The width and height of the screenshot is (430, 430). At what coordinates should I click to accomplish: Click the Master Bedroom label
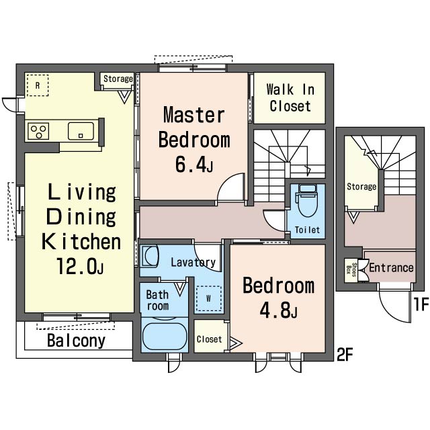click(194, 127)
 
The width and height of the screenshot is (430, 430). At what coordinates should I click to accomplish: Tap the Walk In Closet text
click(290, 97)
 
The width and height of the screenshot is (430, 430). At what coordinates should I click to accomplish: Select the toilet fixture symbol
click(308, 200)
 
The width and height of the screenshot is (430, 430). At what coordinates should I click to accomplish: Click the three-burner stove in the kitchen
click(38, 131)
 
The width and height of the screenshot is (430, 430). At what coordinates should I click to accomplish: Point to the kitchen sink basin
click(81, 131)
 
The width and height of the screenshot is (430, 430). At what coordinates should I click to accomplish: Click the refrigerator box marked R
click(38, 85)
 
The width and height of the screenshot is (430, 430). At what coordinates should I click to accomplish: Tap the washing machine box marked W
click(208, 298)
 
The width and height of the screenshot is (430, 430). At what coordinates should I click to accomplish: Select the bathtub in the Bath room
click(165, 336)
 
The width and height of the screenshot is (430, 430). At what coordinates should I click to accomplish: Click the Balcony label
click(76, 341)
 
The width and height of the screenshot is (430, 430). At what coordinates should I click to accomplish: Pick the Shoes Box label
click(351, 270)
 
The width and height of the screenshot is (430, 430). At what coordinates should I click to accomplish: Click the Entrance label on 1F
click(391, 267)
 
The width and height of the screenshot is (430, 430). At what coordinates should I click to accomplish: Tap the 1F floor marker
click(421, 304)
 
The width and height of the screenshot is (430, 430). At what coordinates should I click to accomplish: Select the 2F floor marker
click(345, 354)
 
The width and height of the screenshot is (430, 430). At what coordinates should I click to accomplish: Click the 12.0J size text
click(80, 266)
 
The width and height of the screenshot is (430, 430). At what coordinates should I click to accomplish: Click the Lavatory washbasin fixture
click(150, 257)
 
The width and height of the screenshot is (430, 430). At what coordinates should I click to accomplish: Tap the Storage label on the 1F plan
click(361, 187)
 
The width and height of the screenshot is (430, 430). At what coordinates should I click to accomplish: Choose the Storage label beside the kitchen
click(118, 79)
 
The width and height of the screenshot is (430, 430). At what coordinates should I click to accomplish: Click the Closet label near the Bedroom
click(209, 339)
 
